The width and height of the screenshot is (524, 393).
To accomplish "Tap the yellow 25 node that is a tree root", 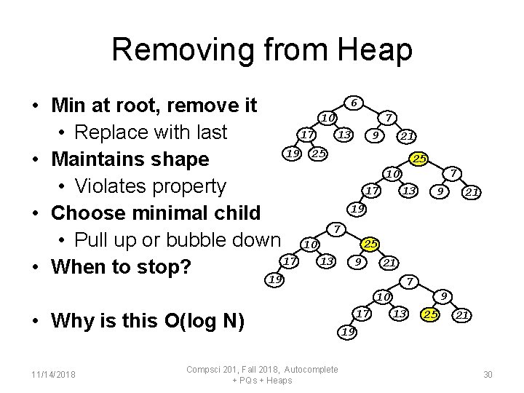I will pyautogui.click(x=418, y=159).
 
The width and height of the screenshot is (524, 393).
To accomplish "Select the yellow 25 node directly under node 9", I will pyautogui.click(x=432, y=314).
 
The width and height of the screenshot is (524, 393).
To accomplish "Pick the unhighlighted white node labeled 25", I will pyautogui.click(x=318, y=154).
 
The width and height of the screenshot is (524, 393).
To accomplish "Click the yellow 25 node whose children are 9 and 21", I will pyautogui.click(x=370, y=243).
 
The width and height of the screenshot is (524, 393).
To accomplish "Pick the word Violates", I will pyautogui.click(x=119, y=186).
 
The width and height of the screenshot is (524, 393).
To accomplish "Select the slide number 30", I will pyautogui.click(x=488, y=374).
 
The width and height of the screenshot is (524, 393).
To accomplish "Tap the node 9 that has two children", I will pyautogui.click(x=442, y=295).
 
